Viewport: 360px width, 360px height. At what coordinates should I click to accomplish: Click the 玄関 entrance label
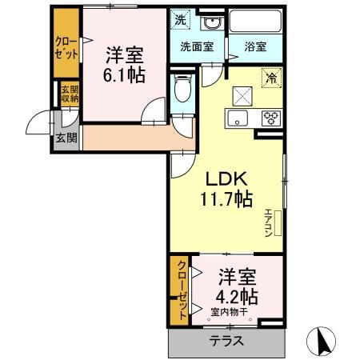[x=65, y=137]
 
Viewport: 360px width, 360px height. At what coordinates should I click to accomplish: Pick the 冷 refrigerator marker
[x=271, y=78]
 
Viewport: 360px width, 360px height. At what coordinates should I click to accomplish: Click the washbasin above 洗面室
[x=211, y=22]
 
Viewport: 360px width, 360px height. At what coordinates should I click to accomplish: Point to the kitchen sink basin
[x=239, y=119]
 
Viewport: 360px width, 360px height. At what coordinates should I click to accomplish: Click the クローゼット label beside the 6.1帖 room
[x=66, y=47]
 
